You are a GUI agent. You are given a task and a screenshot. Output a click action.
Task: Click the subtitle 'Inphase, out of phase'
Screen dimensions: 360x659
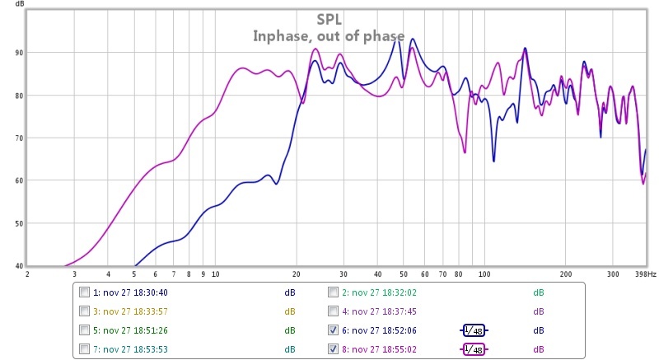click(x=328, y=35)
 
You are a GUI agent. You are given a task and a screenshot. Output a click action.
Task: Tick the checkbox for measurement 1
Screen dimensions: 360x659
click(x=85, y=292)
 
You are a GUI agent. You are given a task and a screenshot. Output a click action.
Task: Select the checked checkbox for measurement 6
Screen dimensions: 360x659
click(x=333, y=330)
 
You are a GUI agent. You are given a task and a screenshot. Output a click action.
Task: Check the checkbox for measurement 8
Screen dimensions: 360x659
click(x=333, y=349)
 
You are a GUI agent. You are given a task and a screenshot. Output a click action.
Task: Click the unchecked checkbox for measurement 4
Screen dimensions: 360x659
click(x=333, y=311)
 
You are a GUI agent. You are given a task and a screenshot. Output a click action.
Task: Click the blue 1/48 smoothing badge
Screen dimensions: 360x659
click(x=474, y=330)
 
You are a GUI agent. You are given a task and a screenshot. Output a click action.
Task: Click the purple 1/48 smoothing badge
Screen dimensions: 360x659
click(x=474, y=349)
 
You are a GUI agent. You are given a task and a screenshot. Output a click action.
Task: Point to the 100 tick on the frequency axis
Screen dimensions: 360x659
click(x=484, y=274)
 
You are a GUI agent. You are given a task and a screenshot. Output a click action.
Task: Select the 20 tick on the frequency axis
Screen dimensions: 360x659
click(x=297, y=274)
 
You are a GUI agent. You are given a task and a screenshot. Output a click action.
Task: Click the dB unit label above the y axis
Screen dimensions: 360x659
click(x=11, y=6)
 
